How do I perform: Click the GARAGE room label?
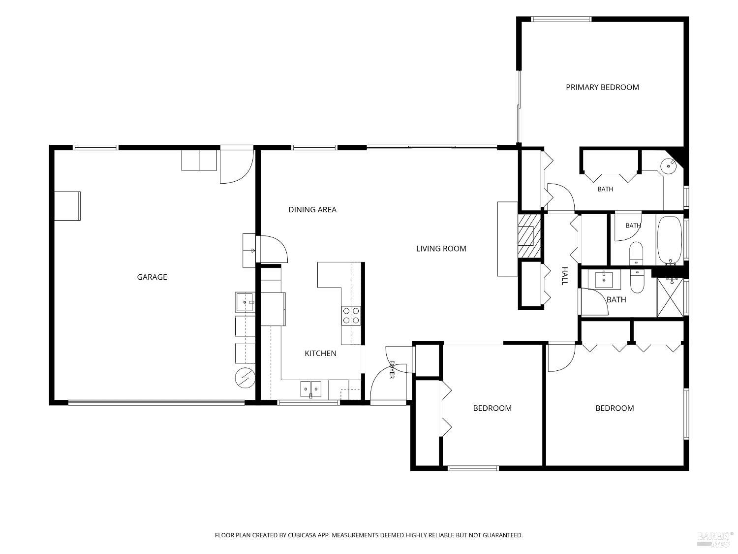(152, 277)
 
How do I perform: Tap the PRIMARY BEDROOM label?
(602, 88)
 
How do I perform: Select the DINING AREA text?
(312, 210)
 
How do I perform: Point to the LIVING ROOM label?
(441, 249)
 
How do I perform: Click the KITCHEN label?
(320, 353)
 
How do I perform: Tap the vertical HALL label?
(564, 276)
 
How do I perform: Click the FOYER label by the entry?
(392, 369)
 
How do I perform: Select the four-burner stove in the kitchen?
(351, 316)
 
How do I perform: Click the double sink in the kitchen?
(310, 389)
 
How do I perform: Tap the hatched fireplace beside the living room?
(529, 236)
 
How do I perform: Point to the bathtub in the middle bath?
(670, 240)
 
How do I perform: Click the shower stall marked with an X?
(670, 298)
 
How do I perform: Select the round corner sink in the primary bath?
(669, 166)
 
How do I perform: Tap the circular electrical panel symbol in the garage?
(245, 378)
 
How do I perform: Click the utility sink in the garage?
(245, 302)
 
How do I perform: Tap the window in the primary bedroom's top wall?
(561, 19)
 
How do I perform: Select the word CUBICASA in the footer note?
(302, 535)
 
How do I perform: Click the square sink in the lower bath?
(604, 280)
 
